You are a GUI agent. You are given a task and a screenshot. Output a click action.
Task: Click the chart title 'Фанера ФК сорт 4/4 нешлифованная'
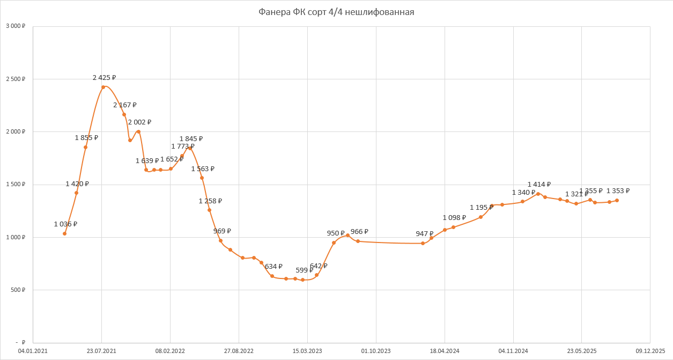coord(336,12)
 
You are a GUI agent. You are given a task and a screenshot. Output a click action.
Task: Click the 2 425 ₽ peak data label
coord(104,78)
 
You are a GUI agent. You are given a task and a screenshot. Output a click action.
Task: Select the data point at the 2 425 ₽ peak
coord(103,87)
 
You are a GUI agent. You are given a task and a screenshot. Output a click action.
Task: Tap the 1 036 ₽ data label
coord(65,224)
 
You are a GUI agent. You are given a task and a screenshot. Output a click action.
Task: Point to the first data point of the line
coord(64,233)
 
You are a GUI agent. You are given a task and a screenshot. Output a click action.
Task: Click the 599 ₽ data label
coord(304,270)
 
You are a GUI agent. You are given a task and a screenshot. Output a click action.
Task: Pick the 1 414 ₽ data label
coord(539,185)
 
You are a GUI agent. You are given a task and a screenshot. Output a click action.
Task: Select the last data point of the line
coord(617,200)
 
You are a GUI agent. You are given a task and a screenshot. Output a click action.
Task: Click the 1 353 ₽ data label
coord(618,191)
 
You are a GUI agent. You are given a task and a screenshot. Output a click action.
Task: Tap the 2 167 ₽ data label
coord(125,105)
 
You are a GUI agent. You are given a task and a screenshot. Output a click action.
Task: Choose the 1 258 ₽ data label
coord(210,201)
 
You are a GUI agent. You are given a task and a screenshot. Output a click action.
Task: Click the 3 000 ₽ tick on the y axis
coord(16,26)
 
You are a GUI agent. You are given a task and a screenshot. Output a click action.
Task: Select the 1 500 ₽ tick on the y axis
coord(16,185)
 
